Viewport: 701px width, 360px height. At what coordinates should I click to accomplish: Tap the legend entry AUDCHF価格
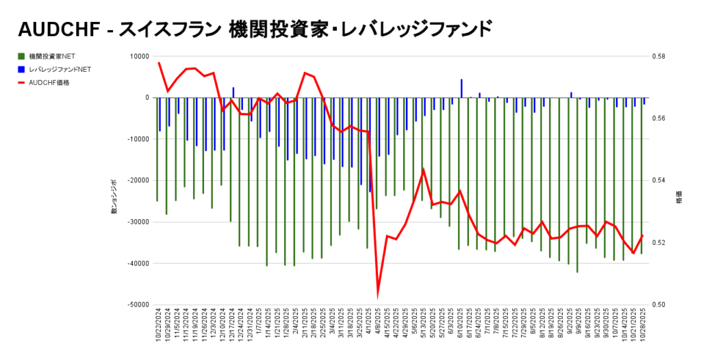pos(49,83)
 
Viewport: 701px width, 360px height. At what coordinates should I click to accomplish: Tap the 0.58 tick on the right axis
pos(662,57)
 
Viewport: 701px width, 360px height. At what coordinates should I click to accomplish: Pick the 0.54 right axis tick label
pos(662,181)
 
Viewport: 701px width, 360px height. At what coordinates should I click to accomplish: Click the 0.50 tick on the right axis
pos(662,305)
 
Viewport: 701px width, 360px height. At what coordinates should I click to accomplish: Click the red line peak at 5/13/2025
pos(424,169)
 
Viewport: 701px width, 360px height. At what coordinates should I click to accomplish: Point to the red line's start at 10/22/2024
pos(159,63)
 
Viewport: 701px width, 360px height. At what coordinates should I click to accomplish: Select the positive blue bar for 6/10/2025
pos(461,88)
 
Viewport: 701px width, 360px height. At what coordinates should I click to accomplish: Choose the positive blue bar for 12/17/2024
pos(233,92)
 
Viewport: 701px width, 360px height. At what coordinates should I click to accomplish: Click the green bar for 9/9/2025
pos(577,185)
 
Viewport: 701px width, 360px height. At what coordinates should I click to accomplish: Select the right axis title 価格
pos(679,199)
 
